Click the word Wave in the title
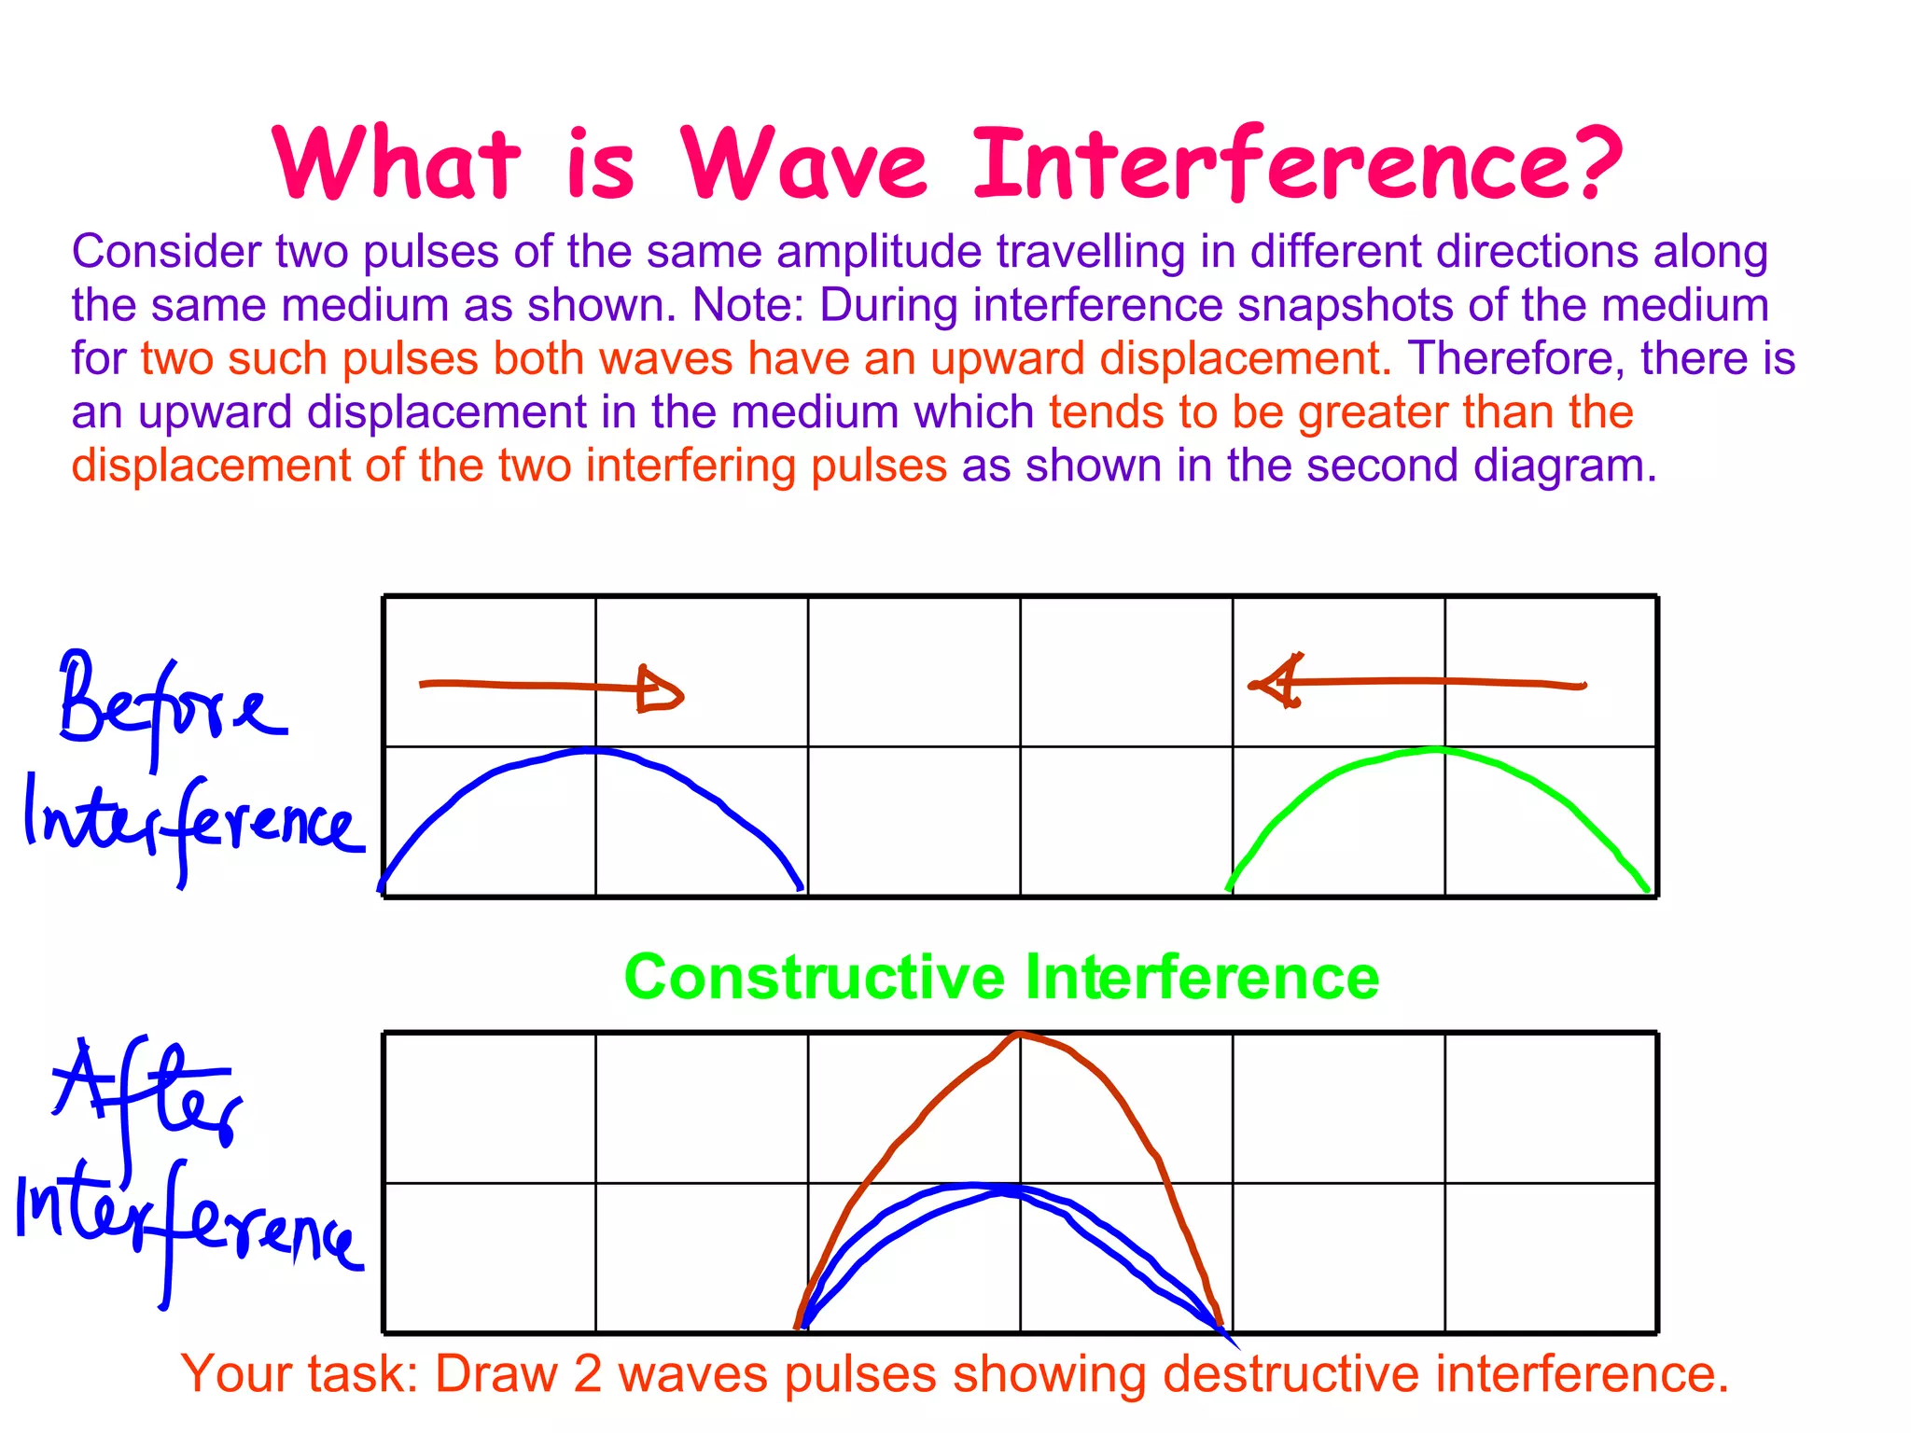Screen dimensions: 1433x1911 point(804,164)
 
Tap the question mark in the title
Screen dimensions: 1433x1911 point(1585,164)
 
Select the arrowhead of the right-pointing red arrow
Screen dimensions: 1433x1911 point(661,690)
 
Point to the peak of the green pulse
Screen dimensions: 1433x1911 point(1437,749)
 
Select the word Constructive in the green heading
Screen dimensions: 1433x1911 point(815,978)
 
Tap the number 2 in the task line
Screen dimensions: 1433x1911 point(588,1374)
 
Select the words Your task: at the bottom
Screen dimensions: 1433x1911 point(300,1374)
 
